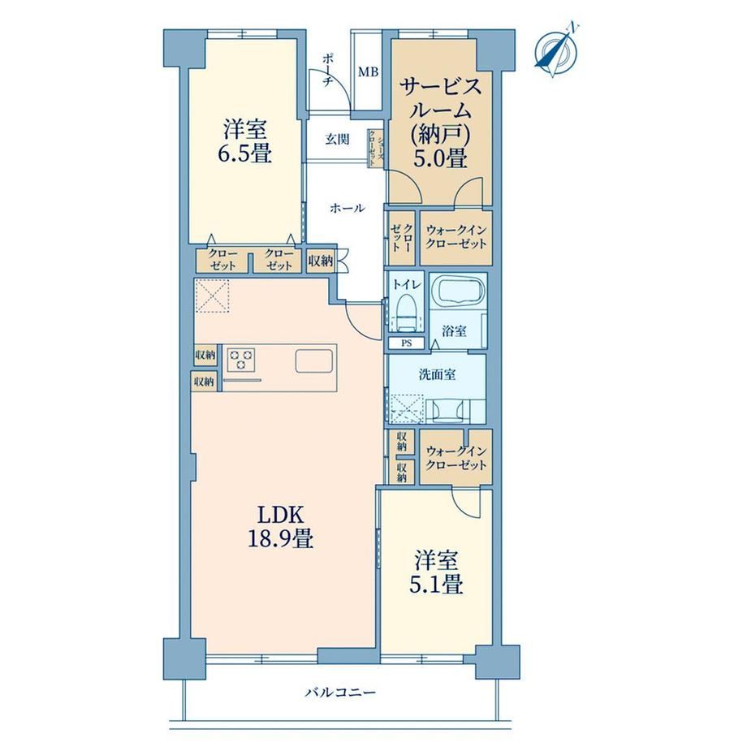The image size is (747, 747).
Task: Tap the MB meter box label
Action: [x=369, y=72]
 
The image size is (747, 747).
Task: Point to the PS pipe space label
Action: [x=406, y=343]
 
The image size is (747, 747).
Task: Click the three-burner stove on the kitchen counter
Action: [x=241, y=359]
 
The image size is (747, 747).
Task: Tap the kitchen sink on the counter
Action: [x=314, y=361]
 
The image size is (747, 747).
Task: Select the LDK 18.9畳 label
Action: [x=281, y=527]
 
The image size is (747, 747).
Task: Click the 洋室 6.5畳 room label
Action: [x=245, y=142]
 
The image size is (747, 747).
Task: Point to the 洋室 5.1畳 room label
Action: [x=436, y=572]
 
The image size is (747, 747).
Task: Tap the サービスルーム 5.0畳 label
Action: [x=440, y=123]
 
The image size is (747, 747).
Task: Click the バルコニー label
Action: [x=341, y=692]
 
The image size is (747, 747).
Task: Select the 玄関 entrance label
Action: [x=337, y=140]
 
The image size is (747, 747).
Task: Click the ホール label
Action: [x=348, y=208]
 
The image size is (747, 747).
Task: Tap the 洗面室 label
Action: [x=438, y=375]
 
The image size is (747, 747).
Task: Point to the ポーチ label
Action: [x=328, y=70]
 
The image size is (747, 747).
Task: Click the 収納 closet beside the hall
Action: [x=320, y=261]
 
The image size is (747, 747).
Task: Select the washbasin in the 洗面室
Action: [x=447, y=410]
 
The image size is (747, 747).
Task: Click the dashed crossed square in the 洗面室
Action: [x=406, y=408]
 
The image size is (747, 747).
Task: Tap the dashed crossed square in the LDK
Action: [x=212, y=296]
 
